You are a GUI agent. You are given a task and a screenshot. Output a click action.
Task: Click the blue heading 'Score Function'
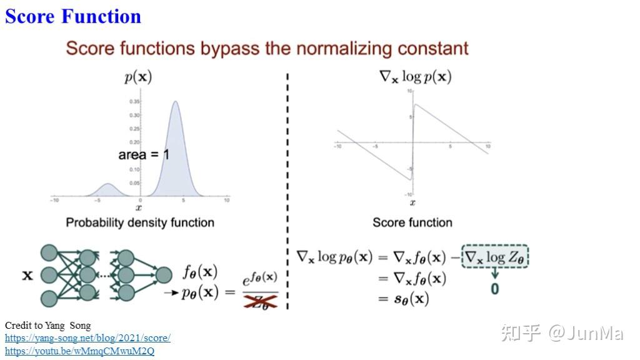click(x=73, y=16)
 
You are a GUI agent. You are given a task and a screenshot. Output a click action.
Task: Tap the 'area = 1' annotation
click(x=143, y=154)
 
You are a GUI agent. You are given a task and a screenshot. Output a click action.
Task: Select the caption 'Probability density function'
click(x=140, y=222)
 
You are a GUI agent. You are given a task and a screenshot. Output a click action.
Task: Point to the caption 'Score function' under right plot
click(x=412, y=222)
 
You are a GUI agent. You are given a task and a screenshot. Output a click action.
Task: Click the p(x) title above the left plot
click(x=138, y=77)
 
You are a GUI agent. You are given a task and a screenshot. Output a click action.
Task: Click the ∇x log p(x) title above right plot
click(x=416, y=77)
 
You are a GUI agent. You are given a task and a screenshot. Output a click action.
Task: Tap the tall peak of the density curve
click(x=176, y=103)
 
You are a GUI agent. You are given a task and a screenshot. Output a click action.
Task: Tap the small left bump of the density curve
click(x=107, y=184)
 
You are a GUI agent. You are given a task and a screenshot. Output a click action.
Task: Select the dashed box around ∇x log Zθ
click(x=495, y=257)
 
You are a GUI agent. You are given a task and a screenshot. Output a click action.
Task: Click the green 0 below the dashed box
click(x=495, y=289)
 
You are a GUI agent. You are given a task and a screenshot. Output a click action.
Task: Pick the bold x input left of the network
click(x=27, y=275)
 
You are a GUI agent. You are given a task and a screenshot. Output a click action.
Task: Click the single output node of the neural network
click(x=164, y=275)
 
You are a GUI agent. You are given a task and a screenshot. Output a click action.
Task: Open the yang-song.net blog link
click(x=87, y=338)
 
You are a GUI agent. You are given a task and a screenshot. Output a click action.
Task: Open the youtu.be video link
click(x=79, y=351)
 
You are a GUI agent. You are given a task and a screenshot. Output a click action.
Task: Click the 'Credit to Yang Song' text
click(x=47, y=326)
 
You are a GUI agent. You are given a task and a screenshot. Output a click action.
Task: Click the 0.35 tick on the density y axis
click(x=134, y=101)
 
